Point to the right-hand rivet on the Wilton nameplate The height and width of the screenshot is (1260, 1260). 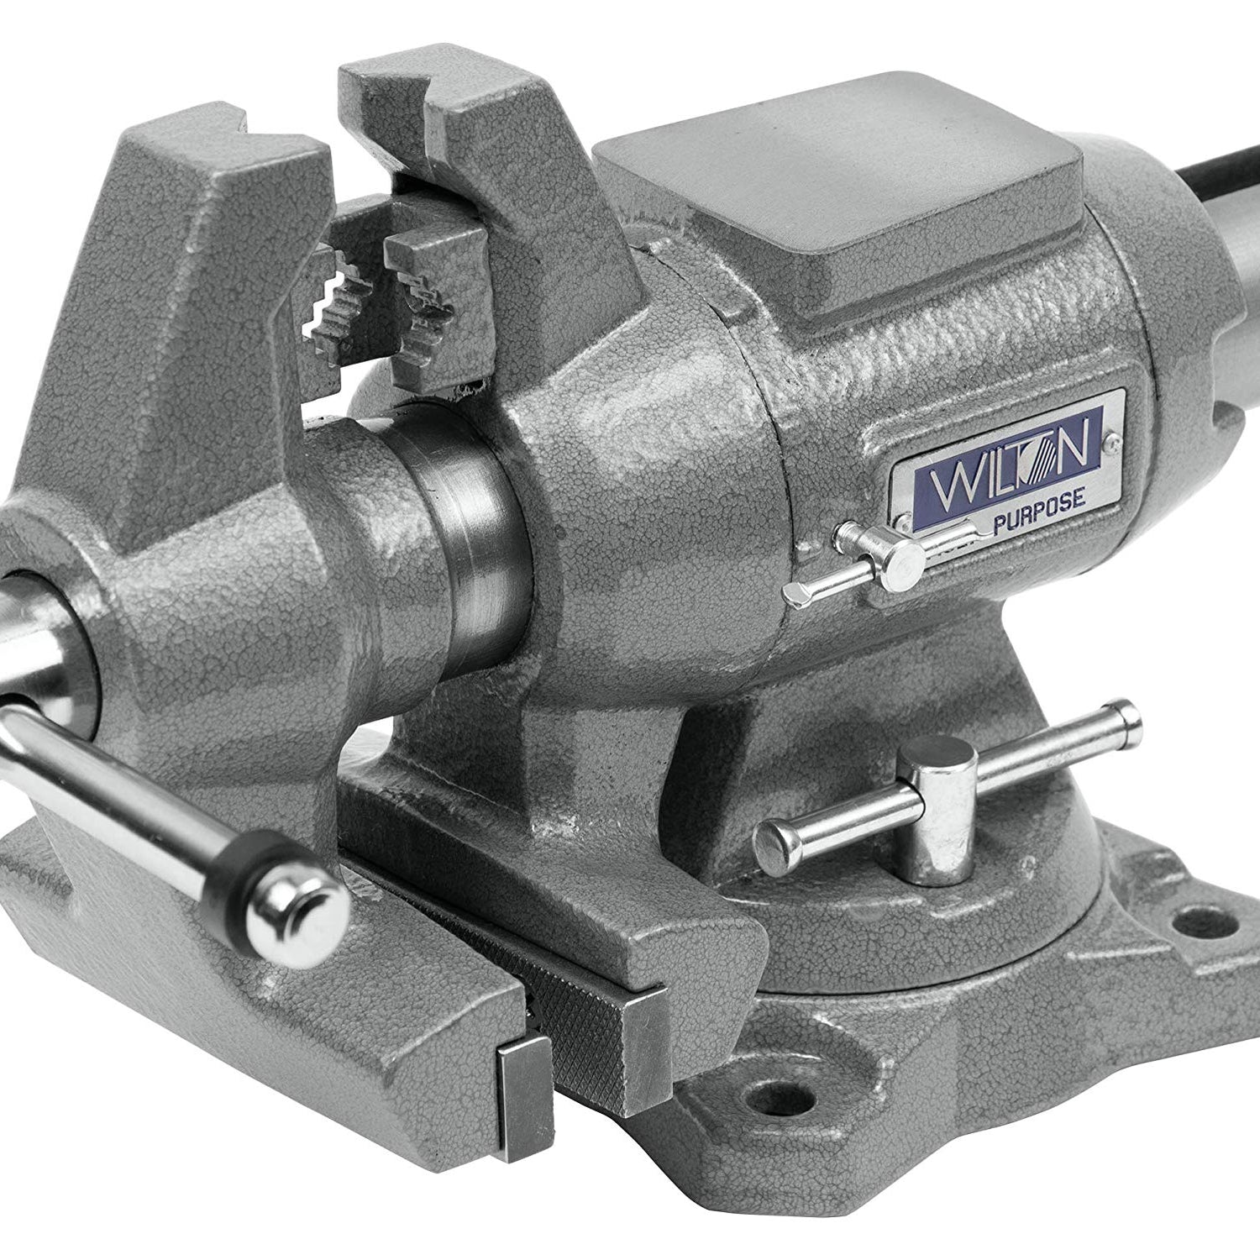(x=1114, y=438)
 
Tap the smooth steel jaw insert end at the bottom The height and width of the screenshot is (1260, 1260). (x=522, y=1092)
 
